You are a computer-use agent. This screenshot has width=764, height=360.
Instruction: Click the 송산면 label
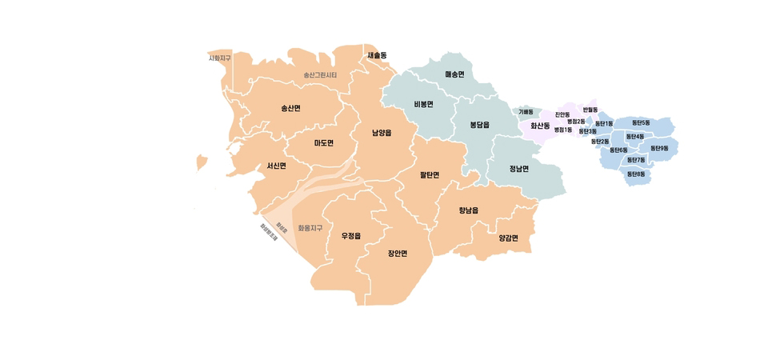(290, 108)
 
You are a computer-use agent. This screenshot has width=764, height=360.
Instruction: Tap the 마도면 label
(323, 143)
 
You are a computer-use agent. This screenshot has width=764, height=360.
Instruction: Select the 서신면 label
(276, 166)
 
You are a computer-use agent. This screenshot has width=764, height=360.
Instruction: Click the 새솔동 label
(376, 55)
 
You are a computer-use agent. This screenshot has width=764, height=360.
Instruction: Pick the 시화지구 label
(219, 58)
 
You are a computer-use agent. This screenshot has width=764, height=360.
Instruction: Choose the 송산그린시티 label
(320, 75)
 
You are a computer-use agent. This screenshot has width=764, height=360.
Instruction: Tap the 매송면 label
(454, 74)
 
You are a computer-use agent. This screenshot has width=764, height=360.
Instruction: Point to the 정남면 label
(518, 169)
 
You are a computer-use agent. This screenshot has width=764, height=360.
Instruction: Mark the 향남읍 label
(468, 210)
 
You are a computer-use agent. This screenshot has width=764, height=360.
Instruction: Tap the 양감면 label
(508, 238)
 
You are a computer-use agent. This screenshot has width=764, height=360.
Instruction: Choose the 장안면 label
(398, 254)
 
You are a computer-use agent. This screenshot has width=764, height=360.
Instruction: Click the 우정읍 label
(351, 236)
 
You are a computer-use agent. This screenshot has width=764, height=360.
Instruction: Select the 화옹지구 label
(310, 228)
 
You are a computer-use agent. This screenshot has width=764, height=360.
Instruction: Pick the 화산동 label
(540, 126)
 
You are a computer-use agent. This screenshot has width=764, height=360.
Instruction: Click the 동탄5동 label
(640, 122)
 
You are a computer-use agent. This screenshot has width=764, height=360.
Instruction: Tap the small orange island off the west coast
(201, 162)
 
